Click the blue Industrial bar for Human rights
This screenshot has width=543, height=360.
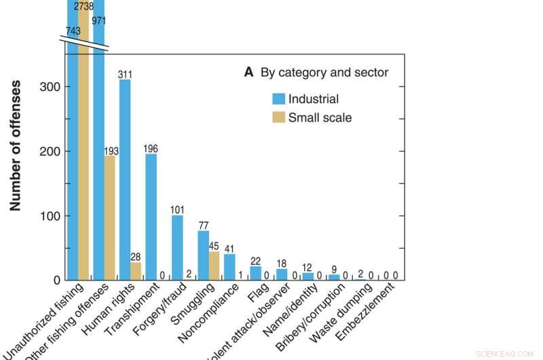coord(125,180)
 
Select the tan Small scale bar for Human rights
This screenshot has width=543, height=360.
coord(136,271)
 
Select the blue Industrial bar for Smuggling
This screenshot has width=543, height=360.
coord(203,255)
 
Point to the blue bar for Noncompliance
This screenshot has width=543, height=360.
coord(229,267)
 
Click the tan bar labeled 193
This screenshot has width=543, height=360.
coord(109,218)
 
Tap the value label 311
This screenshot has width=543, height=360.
coord(125,75)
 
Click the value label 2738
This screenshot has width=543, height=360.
coord(83,7)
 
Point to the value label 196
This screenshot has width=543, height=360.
coord(151,149)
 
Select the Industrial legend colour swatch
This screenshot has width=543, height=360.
coord(279,99)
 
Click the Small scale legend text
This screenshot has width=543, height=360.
coord(320,118)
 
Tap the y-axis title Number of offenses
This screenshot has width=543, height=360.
coord(16,146)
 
